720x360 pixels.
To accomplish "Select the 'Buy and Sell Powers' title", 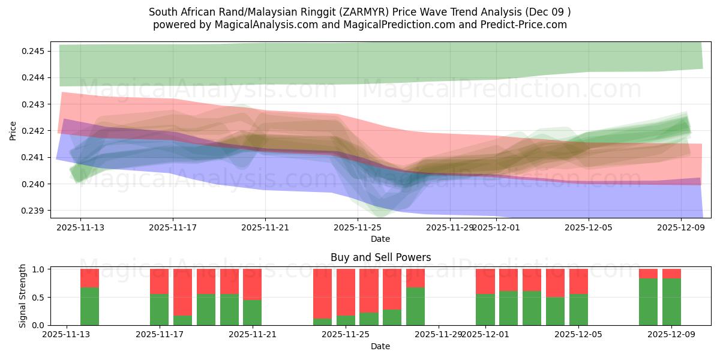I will point(380,257).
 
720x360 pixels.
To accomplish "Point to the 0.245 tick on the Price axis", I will point(34,51).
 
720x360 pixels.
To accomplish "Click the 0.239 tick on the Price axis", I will point(34,211).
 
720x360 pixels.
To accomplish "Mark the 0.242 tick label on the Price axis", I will point(34,131).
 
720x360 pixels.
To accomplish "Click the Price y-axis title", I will point(13,130).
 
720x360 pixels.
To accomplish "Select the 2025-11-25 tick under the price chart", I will point(358,227).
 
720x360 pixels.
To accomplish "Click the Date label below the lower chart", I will point(380,346).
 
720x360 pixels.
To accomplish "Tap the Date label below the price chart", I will point(380,239).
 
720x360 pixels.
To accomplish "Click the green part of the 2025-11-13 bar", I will point(89,306).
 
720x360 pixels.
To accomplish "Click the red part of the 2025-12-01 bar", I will point(485,281).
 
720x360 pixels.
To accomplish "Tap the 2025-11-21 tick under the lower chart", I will point(253,335).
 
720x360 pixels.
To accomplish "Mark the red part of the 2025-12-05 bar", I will point(578,281).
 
